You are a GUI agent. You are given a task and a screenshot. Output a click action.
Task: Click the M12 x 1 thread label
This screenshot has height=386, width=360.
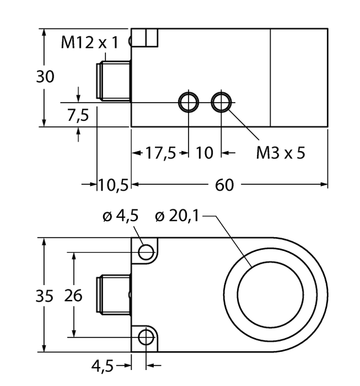pos(90,42)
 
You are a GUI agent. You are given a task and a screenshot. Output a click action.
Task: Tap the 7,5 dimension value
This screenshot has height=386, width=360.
pos(78,116)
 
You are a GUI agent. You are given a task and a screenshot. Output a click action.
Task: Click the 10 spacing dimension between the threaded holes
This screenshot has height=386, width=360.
pos(204,153)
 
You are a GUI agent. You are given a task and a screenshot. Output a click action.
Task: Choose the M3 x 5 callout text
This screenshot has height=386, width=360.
pos(280,153)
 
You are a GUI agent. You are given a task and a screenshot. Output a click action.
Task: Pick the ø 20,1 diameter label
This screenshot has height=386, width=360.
pos(177,216)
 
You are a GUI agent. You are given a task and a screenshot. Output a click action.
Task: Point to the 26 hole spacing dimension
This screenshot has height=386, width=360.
pos(73,296)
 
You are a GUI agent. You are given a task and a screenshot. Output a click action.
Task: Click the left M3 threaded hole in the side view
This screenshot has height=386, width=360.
pos(188,103)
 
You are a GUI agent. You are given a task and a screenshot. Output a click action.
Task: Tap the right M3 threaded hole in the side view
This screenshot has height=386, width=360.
pos(221,103)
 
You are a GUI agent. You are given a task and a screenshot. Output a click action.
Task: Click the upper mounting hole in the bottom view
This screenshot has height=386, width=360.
pos(147,251)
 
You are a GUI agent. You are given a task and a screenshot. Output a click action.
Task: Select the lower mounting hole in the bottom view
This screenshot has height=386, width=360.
pos(147,338)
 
